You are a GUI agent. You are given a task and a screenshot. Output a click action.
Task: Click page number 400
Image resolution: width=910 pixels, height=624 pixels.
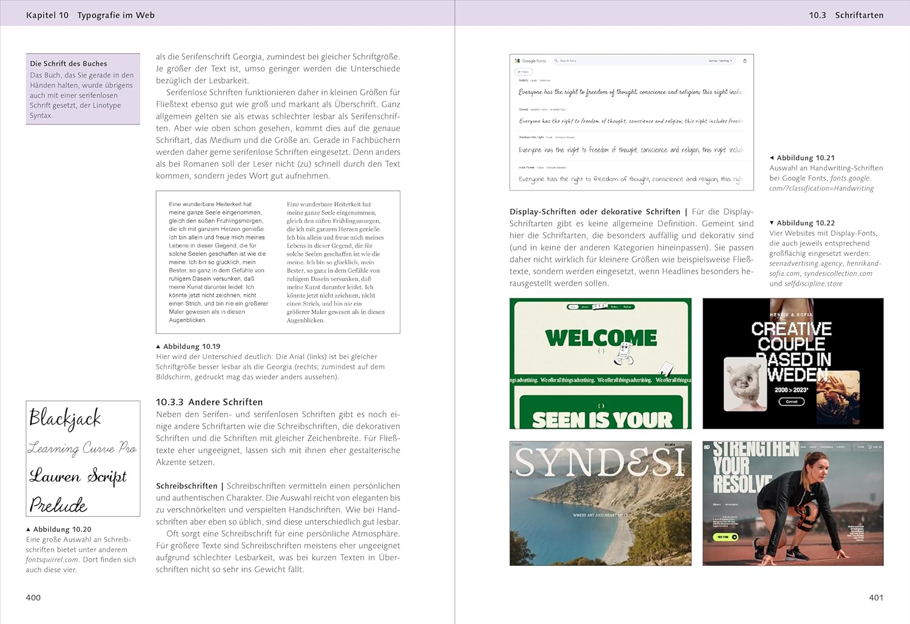[33, 598]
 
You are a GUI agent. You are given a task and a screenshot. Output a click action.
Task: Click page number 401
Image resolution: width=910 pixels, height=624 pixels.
[876, 598]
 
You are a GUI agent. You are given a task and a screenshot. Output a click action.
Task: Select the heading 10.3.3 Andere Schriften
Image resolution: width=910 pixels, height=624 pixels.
[209, 402]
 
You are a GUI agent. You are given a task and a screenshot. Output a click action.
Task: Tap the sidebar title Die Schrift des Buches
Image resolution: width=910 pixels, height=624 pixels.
[69, 64]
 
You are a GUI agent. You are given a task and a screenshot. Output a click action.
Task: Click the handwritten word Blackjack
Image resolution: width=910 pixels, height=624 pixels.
[65, 418]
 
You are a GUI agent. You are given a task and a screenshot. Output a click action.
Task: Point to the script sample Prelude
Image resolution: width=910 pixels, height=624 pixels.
[58, 505]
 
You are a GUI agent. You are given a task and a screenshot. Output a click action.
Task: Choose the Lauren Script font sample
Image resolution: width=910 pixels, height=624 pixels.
[78, 476]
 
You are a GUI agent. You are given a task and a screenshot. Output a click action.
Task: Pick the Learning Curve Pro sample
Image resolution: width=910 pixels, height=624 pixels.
[82, 448]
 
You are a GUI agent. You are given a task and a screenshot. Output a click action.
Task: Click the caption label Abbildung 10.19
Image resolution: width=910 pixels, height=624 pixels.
[191, 347]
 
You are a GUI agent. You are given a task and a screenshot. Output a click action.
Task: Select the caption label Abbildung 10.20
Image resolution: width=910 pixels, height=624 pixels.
[62, 529]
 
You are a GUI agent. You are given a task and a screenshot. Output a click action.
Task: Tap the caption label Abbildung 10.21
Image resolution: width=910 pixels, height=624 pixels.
[806, 158]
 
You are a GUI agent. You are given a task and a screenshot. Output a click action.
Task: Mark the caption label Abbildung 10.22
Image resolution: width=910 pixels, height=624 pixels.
[806, 223]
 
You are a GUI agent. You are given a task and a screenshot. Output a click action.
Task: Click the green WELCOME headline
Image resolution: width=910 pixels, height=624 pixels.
[601, 338]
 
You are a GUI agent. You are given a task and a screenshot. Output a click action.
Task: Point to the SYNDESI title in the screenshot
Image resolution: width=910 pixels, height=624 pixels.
[600, 463]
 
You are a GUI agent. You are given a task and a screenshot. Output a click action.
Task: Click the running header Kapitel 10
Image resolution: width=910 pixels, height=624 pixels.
[47, 15]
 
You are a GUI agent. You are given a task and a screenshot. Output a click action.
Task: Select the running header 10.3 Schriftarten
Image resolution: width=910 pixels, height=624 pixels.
[846, 15]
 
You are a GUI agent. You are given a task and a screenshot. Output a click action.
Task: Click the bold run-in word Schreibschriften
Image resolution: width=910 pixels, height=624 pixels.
[186, 486]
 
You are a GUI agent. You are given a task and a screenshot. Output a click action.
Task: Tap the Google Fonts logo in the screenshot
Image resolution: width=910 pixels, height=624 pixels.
[531, 61]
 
